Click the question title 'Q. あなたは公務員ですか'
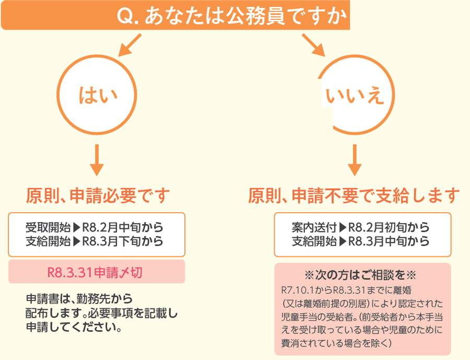click(233, 17)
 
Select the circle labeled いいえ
click(355, 96)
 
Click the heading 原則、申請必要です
click(98, 196)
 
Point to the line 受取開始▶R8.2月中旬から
click(95, 228)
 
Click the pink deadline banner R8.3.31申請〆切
click(98, 272)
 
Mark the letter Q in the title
click(125, 17)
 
